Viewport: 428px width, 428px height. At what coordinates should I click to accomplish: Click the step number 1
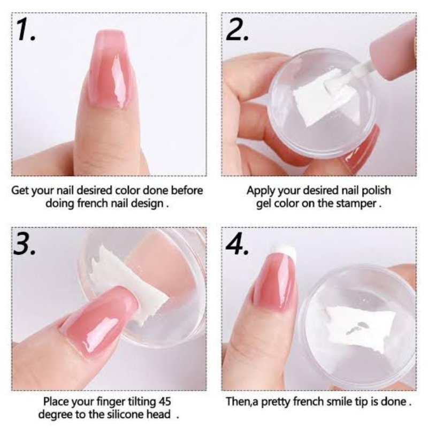click(26, 29)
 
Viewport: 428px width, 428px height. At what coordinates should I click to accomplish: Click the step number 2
click(237, 29)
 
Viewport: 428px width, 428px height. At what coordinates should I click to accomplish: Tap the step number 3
click(25, 243)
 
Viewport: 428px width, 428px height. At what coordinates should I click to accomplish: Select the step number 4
click(237, 243)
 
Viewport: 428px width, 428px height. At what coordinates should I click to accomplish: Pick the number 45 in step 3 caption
click(164, 401)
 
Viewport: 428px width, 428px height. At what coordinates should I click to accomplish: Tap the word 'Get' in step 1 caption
click(20, 190)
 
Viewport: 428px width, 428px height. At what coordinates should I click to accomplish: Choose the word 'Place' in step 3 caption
click(57, 401)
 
